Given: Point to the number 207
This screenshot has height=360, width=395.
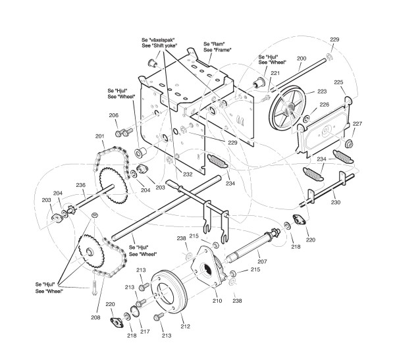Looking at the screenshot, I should (x=262, y=254).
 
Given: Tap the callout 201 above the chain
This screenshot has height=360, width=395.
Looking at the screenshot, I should (x=100, y=136).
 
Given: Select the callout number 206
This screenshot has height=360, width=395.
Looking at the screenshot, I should (x=114, y=115).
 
